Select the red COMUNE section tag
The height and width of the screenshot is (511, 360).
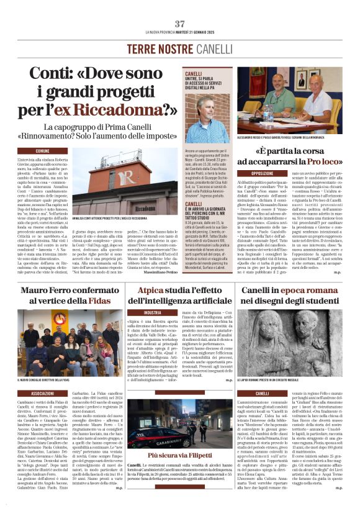point(43,151)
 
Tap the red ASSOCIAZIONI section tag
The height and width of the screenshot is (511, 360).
point(43,393)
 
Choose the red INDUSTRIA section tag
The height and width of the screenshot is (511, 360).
point(152,313)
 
